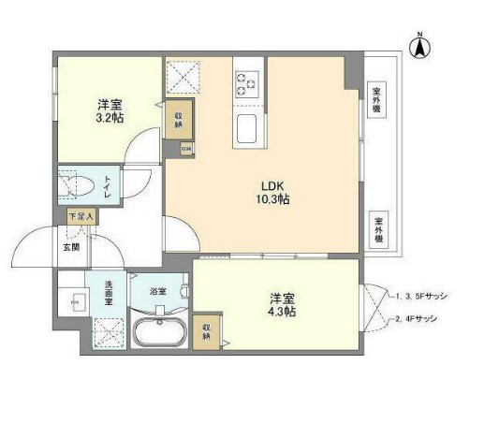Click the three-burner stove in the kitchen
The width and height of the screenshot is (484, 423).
pyautogui.click(x=249, y=81)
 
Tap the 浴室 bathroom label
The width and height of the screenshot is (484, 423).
pyautogui.click(x=159, y=291)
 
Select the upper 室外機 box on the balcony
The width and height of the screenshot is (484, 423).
pyautogui.click(x=376, y=101)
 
